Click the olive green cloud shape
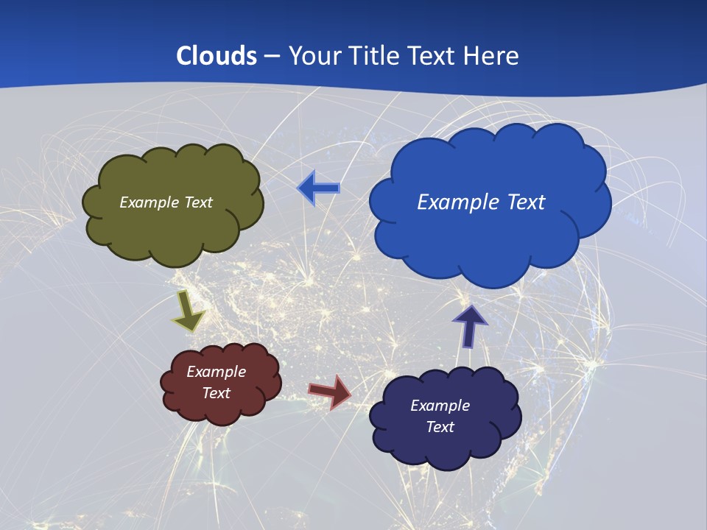(173, 228)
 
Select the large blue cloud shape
(490, 236)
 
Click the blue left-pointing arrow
(319, 188)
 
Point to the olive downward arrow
(188, 311)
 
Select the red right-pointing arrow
(331, 391)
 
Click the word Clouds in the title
(217, 56)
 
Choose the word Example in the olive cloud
(148, 202)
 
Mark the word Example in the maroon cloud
(216, 372)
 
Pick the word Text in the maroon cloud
(216, 393)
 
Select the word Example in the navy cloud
(440, 406)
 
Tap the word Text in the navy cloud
(440, 427)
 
